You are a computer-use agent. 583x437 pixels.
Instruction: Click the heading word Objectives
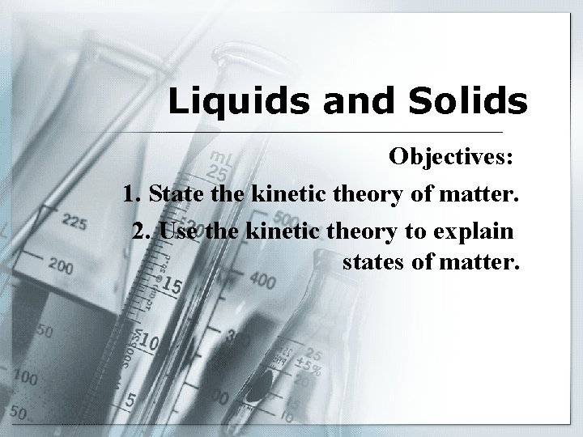pos(450,156)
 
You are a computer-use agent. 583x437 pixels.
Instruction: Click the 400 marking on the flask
pos(263,279)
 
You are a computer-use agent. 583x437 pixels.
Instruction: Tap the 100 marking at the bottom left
pos(23,377)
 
